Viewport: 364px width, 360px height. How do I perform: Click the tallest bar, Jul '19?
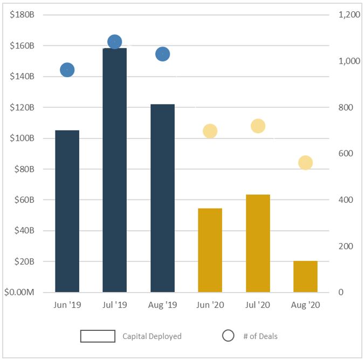(114, 170)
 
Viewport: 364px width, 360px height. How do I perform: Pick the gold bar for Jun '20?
(210, 250)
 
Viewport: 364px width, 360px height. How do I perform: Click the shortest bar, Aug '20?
(305, 276)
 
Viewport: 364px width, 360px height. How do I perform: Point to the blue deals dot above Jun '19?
(67, 70)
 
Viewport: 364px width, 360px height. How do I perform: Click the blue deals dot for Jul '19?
(114, 41)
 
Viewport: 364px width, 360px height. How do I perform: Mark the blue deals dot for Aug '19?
(162, 54)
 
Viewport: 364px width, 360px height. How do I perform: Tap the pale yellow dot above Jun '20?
(210, 131)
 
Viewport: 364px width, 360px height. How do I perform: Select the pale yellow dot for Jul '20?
(258, 126)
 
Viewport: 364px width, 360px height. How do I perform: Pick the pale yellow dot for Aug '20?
(305, 163)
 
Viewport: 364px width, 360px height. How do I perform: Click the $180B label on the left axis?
(22, 15)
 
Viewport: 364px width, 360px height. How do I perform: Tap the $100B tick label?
(22, 138)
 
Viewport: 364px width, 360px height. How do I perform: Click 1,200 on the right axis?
(349, 15)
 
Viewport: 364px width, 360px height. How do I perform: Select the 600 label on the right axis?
(345, 154)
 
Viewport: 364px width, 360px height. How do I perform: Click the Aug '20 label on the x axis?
(305, 305)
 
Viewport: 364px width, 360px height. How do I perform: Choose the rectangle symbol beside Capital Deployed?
(98, 336)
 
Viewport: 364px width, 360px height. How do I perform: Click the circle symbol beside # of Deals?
(228, 336)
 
